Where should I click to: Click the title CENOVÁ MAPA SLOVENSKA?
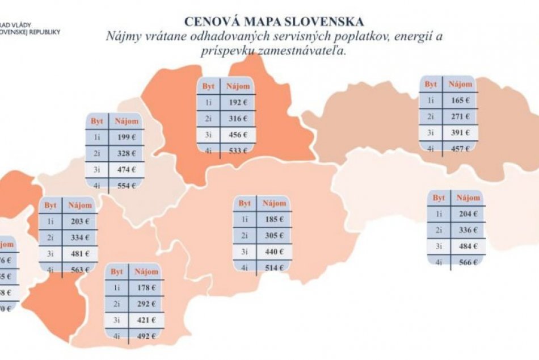coord(273,22)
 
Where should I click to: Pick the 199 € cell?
coord(125,137)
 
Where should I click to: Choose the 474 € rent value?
coord(125,169)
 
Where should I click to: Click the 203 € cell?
coord(79,221)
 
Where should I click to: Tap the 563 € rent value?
coord(79,270)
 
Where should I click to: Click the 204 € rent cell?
coord(468,214)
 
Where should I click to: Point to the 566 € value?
coord(468,262)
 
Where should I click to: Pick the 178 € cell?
coord(145,288)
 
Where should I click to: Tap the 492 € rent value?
coord(145,336)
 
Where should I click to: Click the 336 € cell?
coord(468,230)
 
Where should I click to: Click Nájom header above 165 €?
coord(460,84)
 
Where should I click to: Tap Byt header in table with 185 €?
coord(245,203)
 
